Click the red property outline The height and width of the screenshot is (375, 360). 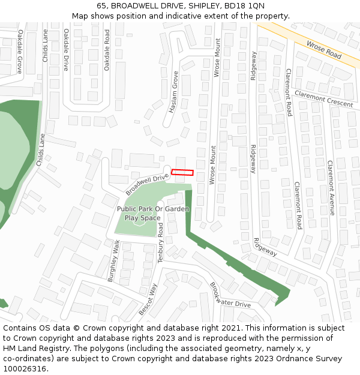coord(183,172)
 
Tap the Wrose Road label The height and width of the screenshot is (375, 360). coord(323,50)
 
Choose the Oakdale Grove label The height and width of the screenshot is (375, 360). coord(20,52)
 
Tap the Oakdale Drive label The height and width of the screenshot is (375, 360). coord(66,50)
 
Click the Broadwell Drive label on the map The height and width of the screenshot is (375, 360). coord(148,184)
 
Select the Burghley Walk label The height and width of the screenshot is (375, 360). coord(114,261)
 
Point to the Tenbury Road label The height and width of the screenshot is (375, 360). coord(161,244)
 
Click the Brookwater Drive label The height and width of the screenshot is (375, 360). coord(230,295)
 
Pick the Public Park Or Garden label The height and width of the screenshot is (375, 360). coord(153,209)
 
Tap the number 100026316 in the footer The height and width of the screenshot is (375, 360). coord(26,368)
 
